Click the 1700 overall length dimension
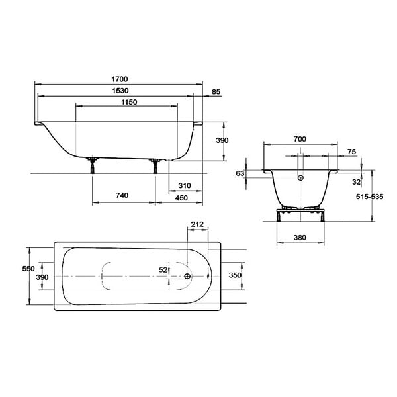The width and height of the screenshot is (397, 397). [x=120, y=79]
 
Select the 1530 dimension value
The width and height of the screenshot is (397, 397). [x=120, y=91]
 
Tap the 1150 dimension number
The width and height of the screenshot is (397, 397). [x=129, y=102]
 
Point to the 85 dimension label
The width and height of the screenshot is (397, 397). [x=216, y=92]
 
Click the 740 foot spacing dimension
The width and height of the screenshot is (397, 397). [x=122, y=195]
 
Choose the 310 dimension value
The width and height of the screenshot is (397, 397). [x=185, y=185]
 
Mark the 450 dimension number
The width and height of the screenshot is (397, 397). [x=181, y=198]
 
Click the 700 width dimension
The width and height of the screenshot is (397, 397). [x=300, y=139]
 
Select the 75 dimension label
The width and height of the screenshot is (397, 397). [x=351, y=152]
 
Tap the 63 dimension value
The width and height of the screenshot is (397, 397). [x=240, y=173]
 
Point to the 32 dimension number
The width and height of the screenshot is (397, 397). [x=356, y=182]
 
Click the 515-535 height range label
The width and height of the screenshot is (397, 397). [x=370, y=197]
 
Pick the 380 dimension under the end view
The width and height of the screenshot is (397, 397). [x=300, y=238]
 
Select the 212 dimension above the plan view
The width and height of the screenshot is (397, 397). [x=197, y=224]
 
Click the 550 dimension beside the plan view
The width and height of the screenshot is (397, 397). [x=28, y=269]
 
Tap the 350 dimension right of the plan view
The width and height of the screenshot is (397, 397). [x=235, y=275]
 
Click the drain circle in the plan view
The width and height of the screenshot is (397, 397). [x=187, y=276]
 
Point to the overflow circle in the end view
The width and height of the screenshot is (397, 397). [x=300, y=178]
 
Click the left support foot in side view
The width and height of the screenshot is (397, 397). [x=92, y=166]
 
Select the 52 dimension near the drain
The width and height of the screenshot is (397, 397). [x=163, y=270]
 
